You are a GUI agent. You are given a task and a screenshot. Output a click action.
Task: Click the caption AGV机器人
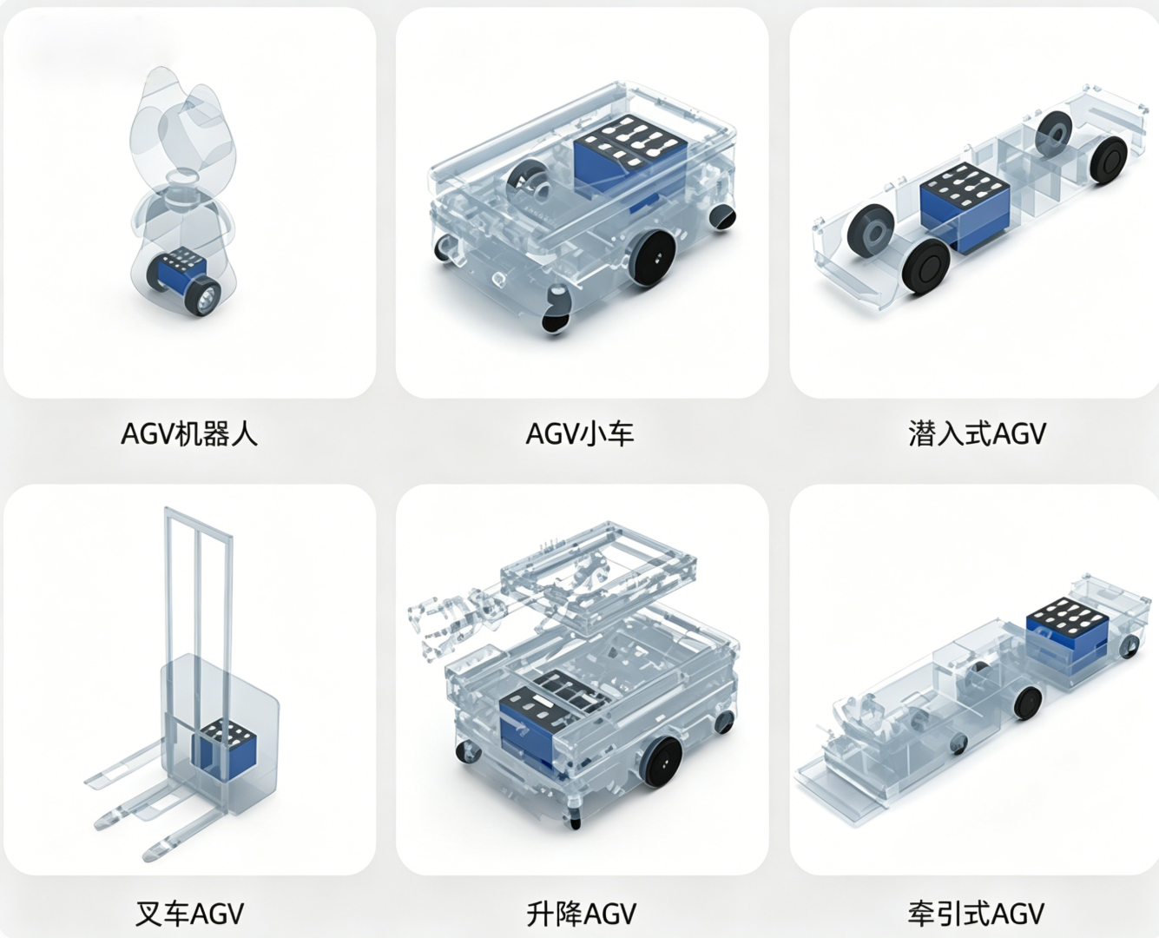(x=188, y=434)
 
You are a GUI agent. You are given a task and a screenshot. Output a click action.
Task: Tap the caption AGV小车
(x=580, y=434)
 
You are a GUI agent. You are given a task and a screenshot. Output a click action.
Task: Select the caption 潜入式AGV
(x=977, y=434)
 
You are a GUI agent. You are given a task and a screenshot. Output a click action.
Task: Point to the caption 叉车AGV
(x=189, y=914)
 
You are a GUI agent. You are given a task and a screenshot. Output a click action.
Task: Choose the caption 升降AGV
(x=581, y=914)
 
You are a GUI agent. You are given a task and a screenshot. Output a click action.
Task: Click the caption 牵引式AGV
(x=976, y=914)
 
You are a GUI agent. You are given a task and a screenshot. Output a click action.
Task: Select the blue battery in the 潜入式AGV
(x=965, y=208)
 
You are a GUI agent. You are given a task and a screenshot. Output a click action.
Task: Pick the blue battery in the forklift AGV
(x=224, y=748)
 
